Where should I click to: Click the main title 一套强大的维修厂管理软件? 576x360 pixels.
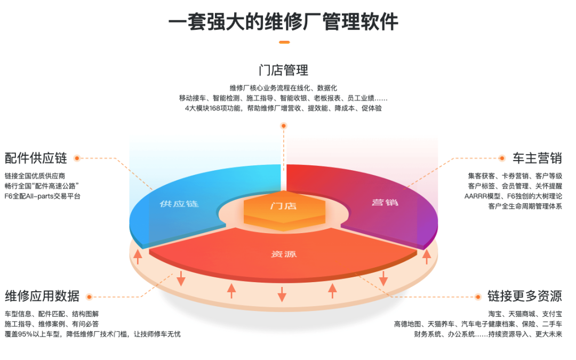pyautogui.click(x=283, y=22)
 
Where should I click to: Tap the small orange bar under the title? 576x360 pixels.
pyautogui.click(x=284, y=42)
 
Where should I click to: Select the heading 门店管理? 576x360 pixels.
pyautogui.click(x=283, y=70)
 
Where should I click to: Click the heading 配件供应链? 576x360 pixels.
pyautogui.click(x=36, y=158)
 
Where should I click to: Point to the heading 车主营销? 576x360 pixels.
pyautogui.click(x=537, y=158)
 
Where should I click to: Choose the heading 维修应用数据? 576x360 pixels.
pyautogui.click(x=42, y=297)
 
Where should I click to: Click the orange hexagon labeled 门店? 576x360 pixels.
pyautogui.click(x=283, y=206)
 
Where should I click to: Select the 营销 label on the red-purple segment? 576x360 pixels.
pyautogui.click(x=385, y=202)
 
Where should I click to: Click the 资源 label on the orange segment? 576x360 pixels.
pyautogui.click(x=284, y=254)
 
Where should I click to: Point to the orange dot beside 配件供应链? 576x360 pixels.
pyautogui.click(x=77, y=158)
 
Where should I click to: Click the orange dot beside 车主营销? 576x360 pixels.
pyautogui.click(x=501, y=158)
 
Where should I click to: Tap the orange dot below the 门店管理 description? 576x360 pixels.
pyautogui.click(x=284, y=126)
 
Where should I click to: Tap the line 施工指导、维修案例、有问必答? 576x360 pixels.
pyautogui.click(x=52, y=324)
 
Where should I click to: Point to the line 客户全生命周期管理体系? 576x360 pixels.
pyautogui.click(x=525, y=206)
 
